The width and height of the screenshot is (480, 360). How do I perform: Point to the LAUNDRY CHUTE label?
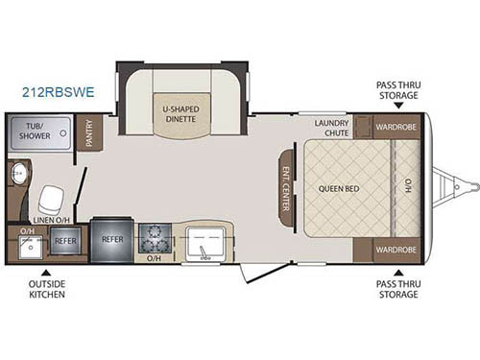click(331, 129)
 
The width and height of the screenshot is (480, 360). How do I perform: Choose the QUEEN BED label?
click(339, 187)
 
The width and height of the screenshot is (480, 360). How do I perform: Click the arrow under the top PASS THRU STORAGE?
click(396, 108)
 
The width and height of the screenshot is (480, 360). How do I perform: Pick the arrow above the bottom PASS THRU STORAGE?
click(396, 269)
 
